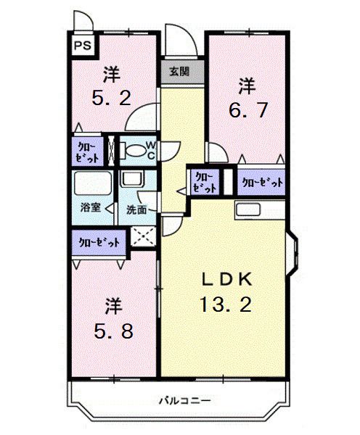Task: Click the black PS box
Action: click(83, 44)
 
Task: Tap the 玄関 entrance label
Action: click(179, 72)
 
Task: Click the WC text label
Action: click(151, 150)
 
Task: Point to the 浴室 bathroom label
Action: click(89, 208)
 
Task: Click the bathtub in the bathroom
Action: click(91, 185)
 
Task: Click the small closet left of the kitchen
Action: click(203, 181)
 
